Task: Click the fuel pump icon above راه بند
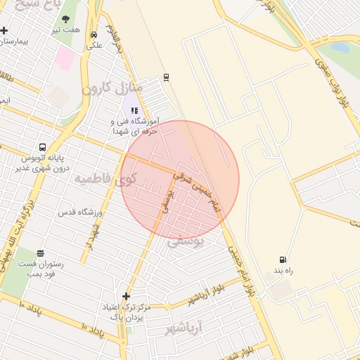coord(283,260)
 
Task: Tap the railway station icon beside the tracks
coord(166,77)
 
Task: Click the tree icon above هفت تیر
coord(65,20)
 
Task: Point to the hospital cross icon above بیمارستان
coord(4,30)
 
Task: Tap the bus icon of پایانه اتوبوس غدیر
coord(43,148)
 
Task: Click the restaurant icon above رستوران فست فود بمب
coord(40,253)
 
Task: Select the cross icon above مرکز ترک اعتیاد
coord(126,296)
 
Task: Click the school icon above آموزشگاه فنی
coord(134,110)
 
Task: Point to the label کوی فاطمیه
coord(105,179)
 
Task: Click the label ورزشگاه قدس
coord(80,212)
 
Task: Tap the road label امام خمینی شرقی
coord(198,184)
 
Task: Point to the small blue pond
coord(340,48)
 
